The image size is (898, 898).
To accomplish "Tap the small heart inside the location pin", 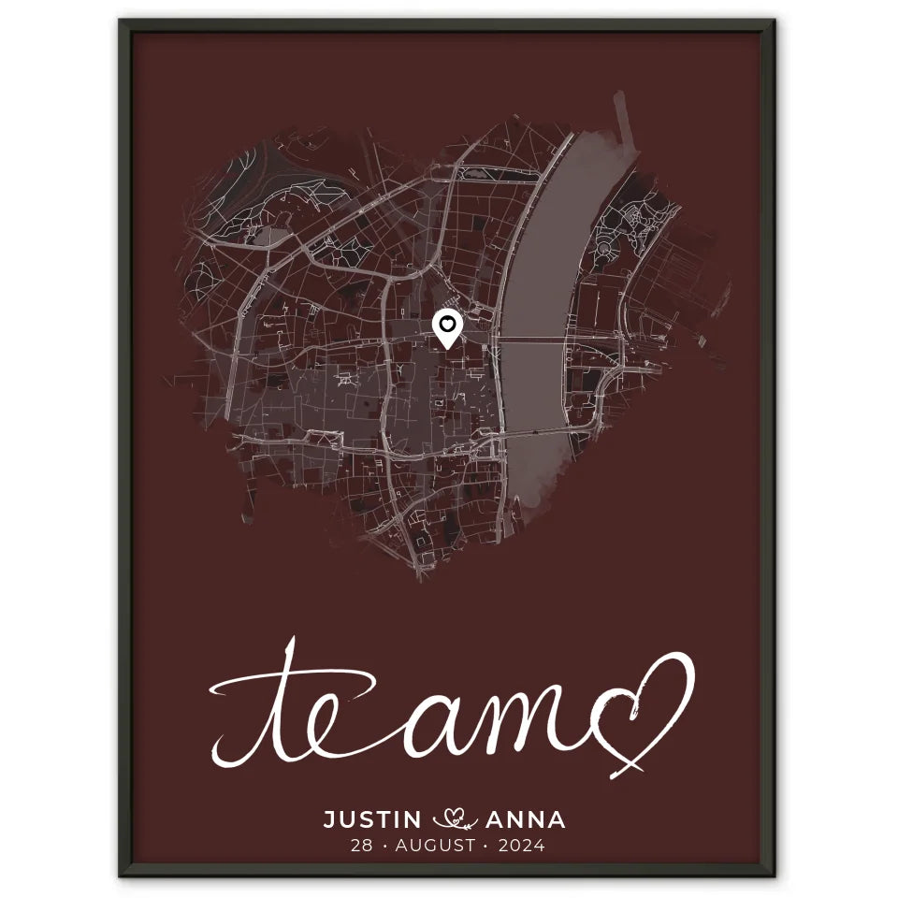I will (x=449, y=324).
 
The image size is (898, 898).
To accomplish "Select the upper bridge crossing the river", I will (x=533, y=341).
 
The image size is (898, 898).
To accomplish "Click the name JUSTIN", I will (x=372, y=820).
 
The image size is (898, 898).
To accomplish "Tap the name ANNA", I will (x=526, y=820).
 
